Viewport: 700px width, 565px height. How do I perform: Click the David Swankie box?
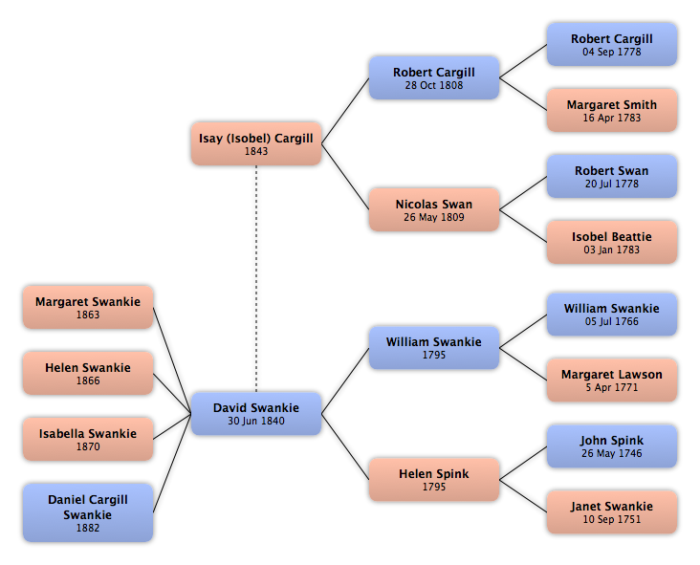(256, 414)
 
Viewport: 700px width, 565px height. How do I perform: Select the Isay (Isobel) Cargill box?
(256, 143)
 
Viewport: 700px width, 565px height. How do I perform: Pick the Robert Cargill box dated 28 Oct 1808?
(434, 77)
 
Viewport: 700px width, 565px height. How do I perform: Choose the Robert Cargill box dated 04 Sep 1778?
(612, 45)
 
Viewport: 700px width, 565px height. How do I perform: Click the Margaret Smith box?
(612, 110)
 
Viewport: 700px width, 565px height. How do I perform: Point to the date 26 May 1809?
(434, 217)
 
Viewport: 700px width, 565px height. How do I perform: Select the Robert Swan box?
(612, 176)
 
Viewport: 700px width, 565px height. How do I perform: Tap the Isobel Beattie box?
(612, 242)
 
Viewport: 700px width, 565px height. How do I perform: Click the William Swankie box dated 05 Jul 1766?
(612, 315)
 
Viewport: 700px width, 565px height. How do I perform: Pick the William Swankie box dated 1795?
(434, 348)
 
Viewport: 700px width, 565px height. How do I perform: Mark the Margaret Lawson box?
(612, 380)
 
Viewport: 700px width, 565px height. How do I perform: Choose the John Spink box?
(612, 446)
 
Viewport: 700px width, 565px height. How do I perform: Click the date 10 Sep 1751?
(612, 519)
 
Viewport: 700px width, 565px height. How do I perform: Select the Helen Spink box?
(434, 479)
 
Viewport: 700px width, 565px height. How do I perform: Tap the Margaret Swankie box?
(88, 308)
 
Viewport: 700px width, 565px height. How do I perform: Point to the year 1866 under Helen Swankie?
(88, 380)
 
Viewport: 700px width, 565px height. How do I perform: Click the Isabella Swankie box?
(88, 439)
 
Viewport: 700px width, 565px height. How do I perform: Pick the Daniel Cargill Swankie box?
(88, 512)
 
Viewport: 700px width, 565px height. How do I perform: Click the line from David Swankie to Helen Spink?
(345, 446)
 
